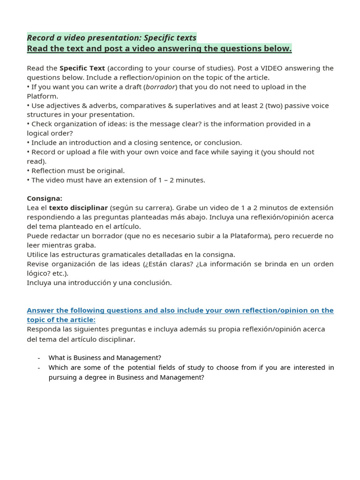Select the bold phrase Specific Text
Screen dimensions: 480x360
click(82, 68)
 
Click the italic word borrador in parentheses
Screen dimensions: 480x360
click(160, 87)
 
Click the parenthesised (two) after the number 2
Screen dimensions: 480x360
click(276, 105)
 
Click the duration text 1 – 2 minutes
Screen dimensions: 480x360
click(180, 180)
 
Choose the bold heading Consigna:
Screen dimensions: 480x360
click(45, 198)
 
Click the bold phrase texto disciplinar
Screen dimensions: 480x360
click(78, 208)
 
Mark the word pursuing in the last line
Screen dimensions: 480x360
click(63, 377)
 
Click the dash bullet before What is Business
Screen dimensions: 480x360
click(39, 358)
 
